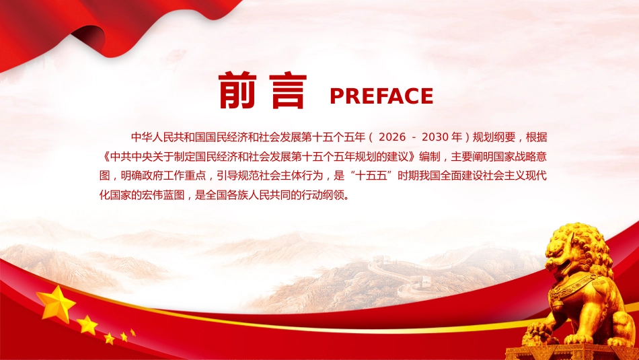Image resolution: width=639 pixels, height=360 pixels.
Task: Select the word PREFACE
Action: click(x=381, y=96)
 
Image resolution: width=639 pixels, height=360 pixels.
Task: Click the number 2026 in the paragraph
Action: click(x=392, y=137)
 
